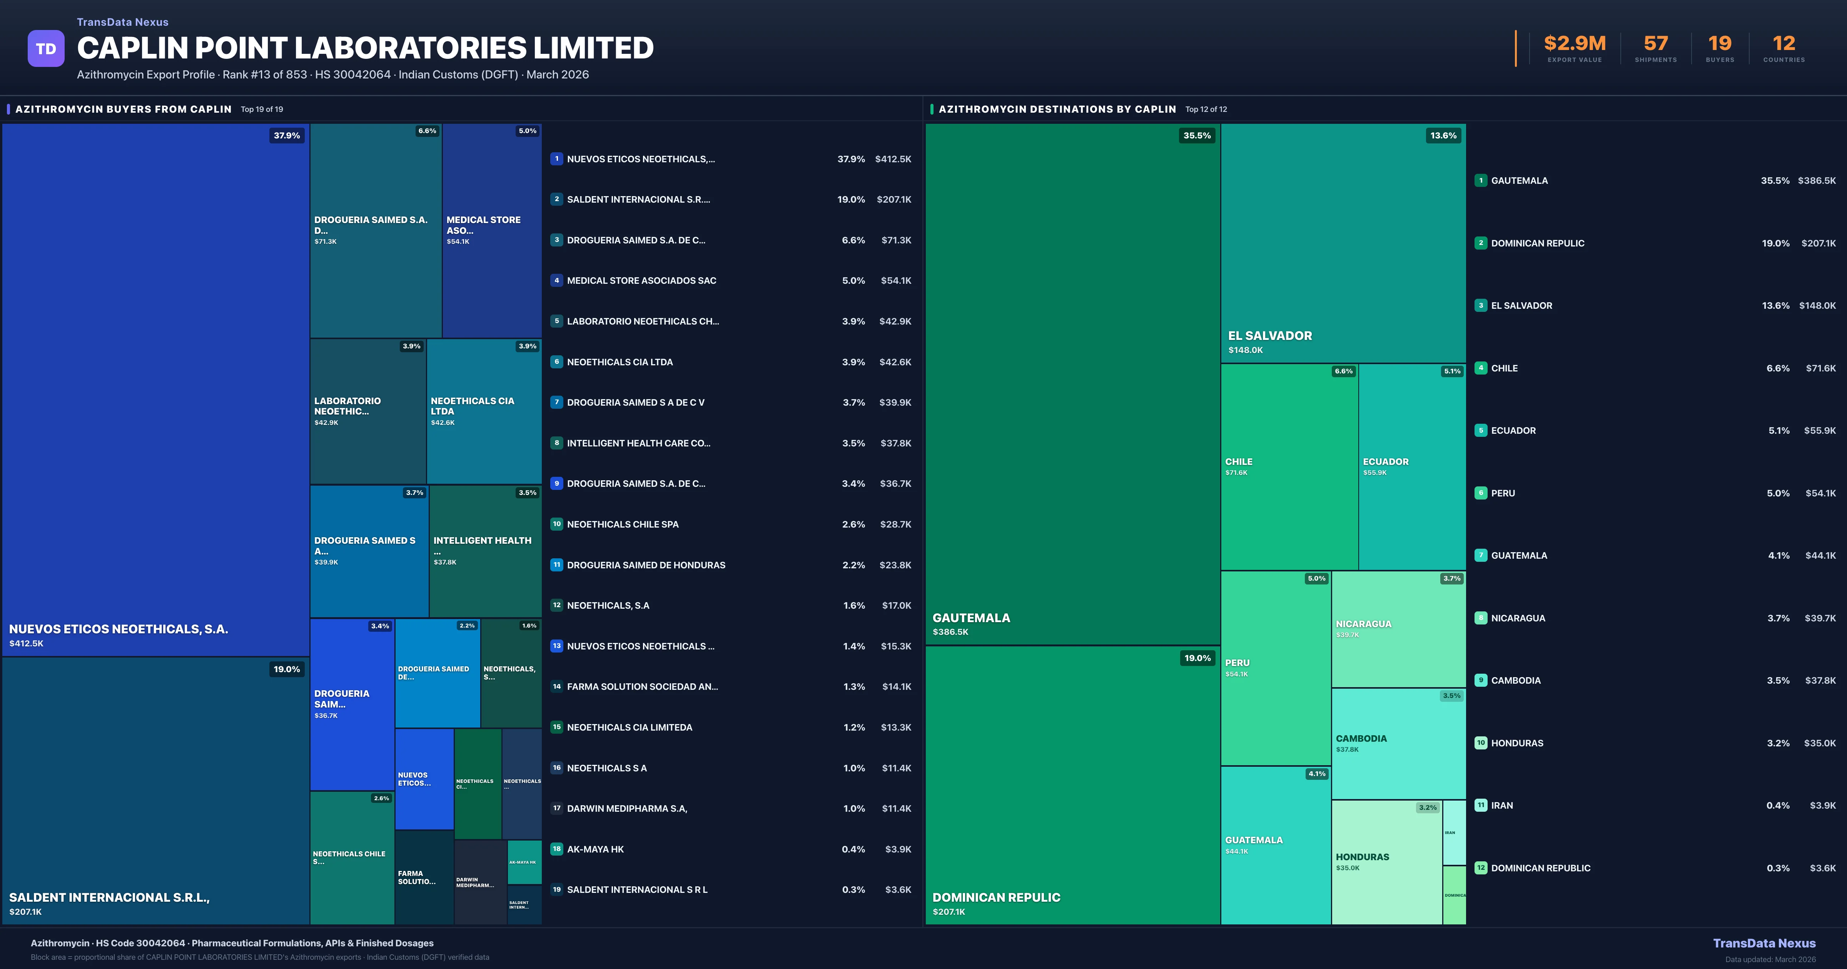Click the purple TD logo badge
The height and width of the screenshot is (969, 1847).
[46, 49]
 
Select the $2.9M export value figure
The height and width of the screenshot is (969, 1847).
[1575, 44]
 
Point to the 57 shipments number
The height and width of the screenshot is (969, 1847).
[1655, 44]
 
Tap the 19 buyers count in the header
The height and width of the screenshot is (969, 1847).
[1719, 44]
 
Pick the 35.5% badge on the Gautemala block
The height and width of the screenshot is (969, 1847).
[1197, 135]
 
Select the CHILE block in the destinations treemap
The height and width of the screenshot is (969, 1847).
[1289, 466]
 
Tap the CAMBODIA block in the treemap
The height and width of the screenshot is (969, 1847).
[1398, 743]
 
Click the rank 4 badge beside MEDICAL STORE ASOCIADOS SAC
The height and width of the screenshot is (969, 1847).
[556, 280]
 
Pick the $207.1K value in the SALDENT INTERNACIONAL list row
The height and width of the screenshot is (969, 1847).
[893, 199]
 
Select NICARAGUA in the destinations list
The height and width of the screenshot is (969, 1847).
[1518, 618]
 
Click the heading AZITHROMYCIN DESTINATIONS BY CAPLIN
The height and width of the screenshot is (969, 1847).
[1057, 109]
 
